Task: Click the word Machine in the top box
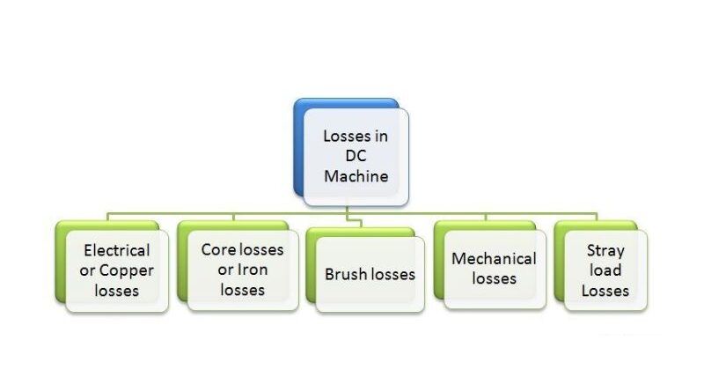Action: (356, 175)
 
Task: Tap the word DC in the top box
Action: (356, 156)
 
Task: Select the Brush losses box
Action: (370, 274)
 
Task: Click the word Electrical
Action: (116, 250)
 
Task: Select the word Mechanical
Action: (494, 258)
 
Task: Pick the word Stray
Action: (605, 250)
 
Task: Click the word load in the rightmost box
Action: (605, 270)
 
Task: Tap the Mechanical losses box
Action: (494, 269)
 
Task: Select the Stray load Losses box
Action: (605, 270)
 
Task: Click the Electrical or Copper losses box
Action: (116, 270)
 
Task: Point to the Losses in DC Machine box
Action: (356, 157)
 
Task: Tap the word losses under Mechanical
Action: (494, 278)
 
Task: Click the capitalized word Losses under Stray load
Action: (605, 290)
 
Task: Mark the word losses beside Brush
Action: (393, 274)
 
